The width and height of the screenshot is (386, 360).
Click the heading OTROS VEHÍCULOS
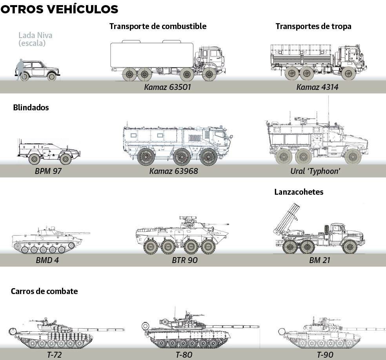click(x=59, y=9)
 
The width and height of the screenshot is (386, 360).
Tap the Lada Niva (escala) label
click(x=35, y=39)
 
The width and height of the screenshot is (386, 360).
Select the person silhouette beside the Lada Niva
click(x=20, y=70)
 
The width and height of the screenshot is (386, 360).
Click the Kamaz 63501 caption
click(x=168, y=87)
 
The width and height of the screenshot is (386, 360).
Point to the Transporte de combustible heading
click(x=158, y=26)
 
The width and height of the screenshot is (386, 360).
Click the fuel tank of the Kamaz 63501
click(x=151, y=55)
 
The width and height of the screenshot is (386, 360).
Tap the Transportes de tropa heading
click(x=313, y=26)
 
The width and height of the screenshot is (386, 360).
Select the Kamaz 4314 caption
click(x=317, y=87)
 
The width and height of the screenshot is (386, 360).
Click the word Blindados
click(x=31, y=107)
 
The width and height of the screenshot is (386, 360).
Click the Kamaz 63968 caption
click(x=173, y=171)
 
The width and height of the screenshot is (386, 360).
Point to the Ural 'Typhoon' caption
click(x=315, y=171)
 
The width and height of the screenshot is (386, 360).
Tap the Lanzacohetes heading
click(x=299, y=192)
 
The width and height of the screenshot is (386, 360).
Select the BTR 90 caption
click(x=184, y=260)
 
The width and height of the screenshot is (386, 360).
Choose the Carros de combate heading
click(x=44, y=291)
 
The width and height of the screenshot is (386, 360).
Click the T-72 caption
click(x=55, y=355)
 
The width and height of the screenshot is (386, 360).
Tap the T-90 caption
click(x=325, y=355)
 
